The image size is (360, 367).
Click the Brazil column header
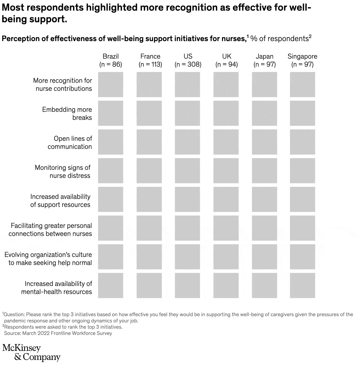[110, 56]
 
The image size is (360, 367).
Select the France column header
[150, 56]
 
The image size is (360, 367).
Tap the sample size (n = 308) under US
[188, 65]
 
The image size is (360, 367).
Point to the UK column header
[226, 56]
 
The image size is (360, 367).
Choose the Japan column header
[264, 56]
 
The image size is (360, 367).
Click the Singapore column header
[302, 56]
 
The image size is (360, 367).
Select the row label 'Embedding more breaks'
[67, 113]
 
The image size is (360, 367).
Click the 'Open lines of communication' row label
[70, 143]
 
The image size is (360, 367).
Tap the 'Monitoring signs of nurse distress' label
[63, 172]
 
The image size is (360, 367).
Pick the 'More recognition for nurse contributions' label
[63, 85]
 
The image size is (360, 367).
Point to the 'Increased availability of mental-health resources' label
[57, 287]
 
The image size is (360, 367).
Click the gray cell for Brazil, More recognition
[110, 85]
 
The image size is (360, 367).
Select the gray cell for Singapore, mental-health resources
[302, 285]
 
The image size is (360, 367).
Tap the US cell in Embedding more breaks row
[188, 113]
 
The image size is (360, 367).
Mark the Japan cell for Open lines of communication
[264, 142]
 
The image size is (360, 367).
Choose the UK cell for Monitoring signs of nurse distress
[226, 171]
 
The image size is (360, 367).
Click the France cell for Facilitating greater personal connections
[149, 228]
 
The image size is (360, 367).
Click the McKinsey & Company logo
[31, 353]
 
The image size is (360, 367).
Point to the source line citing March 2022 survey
[58, 333]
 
